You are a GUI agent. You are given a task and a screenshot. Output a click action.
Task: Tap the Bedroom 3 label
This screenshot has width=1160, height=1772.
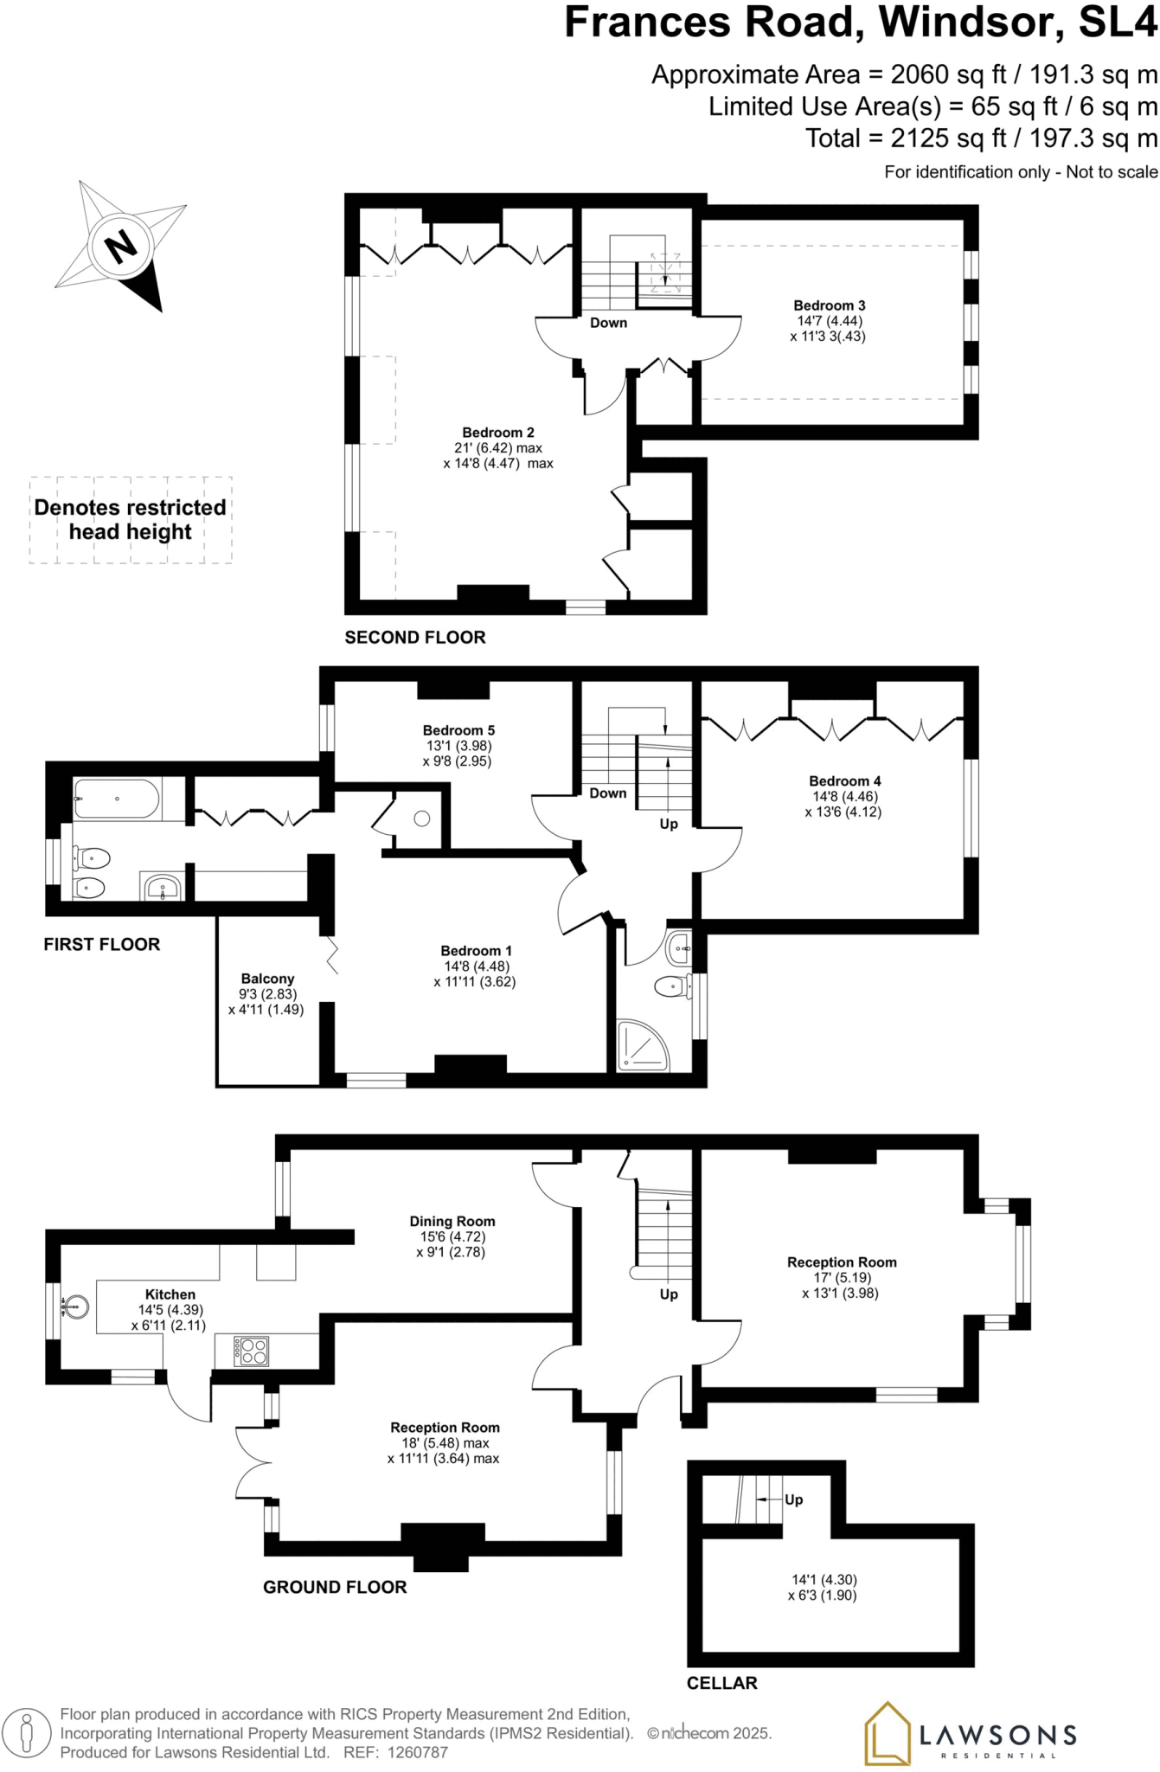[x=829, y=305]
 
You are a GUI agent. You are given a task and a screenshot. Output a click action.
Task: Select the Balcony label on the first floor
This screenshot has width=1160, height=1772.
[x=267, y=979]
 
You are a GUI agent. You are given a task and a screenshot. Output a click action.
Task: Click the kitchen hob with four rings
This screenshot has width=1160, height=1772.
[x=253, y=1351]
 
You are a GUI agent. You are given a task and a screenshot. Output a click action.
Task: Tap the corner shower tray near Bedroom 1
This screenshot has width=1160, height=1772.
[x=643, y=1046]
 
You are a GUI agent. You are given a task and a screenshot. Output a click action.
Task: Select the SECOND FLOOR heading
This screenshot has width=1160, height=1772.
[x=415, y=638]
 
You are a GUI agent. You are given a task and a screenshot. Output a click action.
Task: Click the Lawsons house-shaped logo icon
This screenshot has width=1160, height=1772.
[x=888, y=1733]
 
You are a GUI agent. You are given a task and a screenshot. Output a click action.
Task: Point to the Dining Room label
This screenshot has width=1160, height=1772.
[x=452, y=1222]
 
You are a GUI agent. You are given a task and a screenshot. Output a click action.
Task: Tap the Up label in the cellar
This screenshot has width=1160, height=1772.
[x=793, y=1499]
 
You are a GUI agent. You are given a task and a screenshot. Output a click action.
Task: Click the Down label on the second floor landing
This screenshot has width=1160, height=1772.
[x=608, y=323]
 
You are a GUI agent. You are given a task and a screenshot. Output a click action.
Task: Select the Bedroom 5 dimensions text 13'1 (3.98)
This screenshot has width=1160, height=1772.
[x=459, y=746]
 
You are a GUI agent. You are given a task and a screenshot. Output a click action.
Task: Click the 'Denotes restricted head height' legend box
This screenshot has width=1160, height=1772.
[x=131, y=520]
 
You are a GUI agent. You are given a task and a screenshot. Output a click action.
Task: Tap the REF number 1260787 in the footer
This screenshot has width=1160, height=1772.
[x=418, y=1752]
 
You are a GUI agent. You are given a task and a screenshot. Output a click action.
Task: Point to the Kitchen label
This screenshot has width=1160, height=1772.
[x=170, y=1294]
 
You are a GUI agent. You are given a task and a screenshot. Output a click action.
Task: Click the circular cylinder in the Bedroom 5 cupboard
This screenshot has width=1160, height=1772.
[x=421, y=818]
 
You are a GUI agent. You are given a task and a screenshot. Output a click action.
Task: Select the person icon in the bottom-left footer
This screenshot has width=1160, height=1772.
[x=28, y=1733]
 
